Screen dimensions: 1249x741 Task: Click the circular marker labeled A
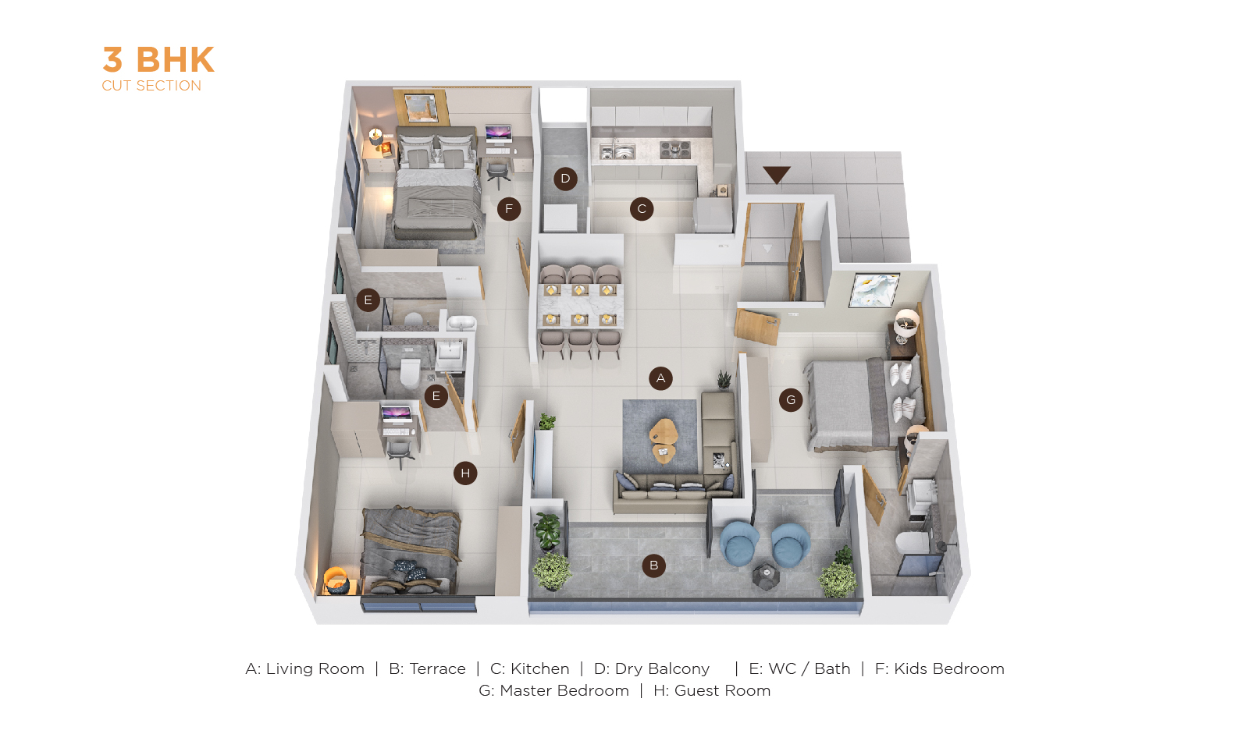(660, 378)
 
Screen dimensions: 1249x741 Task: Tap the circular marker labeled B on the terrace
(653, 565)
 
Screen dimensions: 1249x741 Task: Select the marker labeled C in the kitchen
(642, 209)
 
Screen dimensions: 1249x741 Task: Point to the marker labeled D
(565, 179)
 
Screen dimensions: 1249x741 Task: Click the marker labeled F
(508, 209)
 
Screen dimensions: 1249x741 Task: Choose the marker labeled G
(791, 399)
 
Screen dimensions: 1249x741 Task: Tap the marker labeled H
(465, 473)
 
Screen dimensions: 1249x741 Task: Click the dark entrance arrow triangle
(777, 175)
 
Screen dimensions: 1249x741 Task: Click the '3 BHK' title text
(158, 60)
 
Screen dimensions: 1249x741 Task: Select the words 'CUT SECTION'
(151, 86)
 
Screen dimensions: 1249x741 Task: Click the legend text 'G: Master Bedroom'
(553, 691)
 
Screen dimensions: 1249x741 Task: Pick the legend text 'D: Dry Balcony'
(652, 668)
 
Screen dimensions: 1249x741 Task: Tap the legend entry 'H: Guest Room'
(712, 691)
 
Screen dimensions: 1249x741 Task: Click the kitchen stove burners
(675, 149)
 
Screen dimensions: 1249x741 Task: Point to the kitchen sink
(617, 151)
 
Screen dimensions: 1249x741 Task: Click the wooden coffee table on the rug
(663, 440)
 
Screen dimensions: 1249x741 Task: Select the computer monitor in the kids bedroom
(498, 133)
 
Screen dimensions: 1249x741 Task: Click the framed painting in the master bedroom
(874, 290)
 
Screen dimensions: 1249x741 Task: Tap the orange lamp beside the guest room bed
(336, 580)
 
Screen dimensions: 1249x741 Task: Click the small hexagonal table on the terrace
(765, 576)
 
